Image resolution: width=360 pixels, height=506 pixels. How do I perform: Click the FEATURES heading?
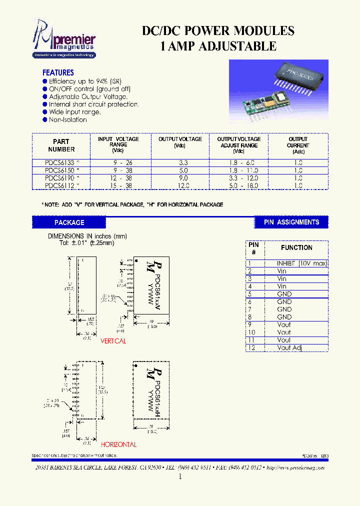click(58, 72)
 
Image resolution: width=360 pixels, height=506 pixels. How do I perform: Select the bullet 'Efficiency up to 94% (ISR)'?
click(85, 81)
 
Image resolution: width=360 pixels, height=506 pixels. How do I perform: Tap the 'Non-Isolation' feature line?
click(67, 119)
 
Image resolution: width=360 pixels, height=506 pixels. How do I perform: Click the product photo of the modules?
click(278, 91)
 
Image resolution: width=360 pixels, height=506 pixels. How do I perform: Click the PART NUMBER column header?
click(61, 145)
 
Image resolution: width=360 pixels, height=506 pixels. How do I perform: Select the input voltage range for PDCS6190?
click(118, 177)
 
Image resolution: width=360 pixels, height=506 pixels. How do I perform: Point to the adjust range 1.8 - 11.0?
click(238, 170)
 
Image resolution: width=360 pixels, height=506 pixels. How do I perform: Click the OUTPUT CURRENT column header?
click(298, 145)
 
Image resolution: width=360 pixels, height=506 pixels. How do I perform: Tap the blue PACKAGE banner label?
click(69, 222)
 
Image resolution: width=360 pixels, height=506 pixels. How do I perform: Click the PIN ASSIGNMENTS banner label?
click(291, 222)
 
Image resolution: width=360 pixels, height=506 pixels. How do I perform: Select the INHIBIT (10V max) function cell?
click(301, 263)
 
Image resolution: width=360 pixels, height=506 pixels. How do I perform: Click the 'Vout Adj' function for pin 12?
click(289, 347)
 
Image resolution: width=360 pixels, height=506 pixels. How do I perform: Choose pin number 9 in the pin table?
click(251, 324)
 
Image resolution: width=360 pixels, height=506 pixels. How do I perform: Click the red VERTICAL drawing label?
click(113, 341)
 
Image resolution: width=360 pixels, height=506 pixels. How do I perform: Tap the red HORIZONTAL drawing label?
click(118, 444)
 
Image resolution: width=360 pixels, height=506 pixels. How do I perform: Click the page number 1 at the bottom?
click(180, 477)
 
